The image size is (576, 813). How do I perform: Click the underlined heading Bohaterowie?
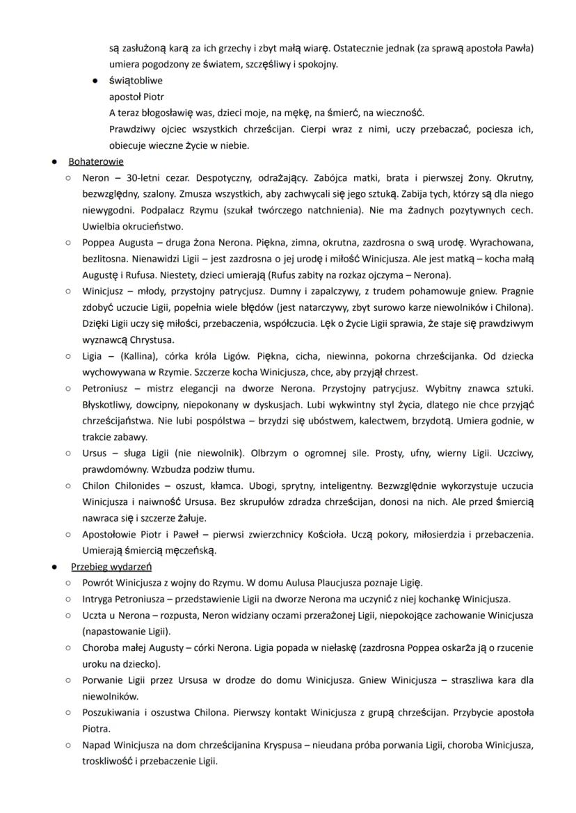pos(96,161)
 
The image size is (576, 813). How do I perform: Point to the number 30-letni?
pos(153,177)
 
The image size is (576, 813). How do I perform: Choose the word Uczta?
pos(94,615)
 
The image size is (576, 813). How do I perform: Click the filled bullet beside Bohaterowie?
pos(54,161)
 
